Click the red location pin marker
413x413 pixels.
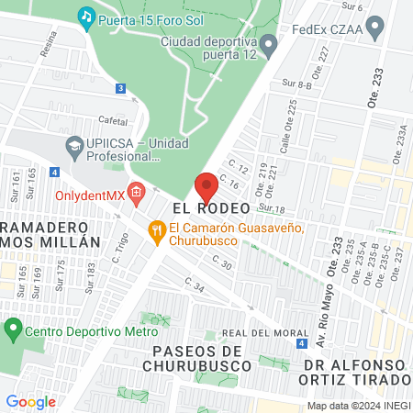coord(206,187)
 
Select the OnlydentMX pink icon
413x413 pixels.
coord(137,193)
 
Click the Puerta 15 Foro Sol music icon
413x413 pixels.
coord(86,16)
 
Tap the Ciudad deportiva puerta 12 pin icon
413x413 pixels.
coord(268,42)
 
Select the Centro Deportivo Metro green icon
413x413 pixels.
coord(12,327)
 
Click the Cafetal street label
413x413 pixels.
coord(113,121)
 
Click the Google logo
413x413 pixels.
coord(30,401)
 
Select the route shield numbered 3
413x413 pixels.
coord(120,88)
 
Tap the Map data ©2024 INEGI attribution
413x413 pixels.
coord(358,406)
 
